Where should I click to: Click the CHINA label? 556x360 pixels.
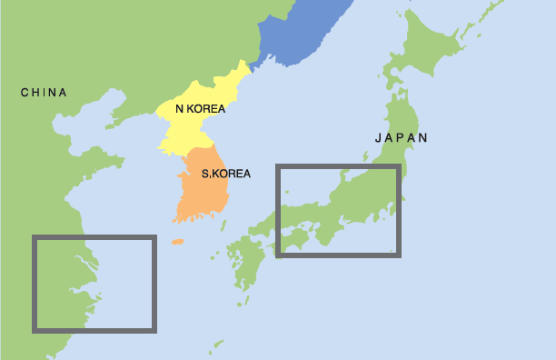[43, 92]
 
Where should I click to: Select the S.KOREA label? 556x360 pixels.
[225, 173]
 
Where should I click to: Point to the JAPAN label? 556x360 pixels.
[401, 138]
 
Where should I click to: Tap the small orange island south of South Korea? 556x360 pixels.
[177, 243]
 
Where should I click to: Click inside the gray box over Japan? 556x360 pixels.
[337, 210]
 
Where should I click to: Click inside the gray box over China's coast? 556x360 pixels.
[94, 283]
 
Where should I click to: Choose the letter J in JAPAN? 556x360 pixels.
[378, 138]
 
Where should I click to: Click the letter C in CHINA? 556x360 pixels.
[24, 92]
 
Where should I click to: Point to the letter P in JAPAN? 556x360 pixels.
[401, 138]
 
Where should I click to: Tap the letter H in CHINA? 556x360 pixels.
[35, 92]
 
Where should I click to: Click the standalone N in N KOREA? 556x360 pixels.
[179, 108]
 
